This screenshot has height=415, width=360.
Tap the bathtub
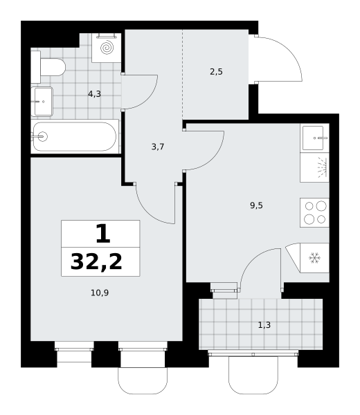75,136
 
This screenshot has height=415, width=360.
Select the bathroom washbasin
42,102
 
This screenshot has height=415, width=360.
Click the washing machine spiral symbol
107,48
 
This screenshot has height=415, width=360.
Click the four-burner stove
315,212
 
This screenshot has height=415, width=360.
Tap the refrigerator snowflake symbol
315,258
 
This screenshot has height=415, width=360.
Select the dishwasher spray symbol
322,167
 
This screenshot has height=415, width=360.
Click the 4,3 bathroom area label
95,94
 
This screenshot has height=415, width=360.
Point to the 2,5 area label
216,72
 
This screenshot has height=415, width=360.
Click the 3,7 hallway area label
158,147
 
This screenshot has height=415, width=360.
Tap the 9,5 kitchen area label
256,205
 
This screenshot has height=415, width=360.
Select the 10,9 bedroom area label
100,293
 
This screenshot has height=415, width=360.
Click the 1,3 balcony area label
264,325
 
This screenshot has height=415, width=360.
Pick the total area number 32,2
96,261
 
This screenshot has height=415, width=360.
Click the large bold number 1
102,234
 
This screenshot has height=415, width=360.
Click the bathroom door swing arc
148,99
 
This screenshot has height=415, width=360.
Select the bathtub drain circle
42,136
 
